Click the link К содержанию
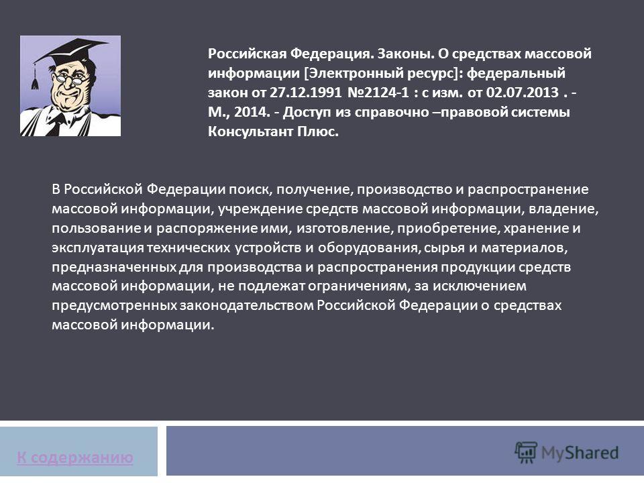(x=75, y=457)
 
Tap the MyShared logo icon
(x=526, y=452)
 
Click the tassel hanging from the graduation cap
(x=35, y=78)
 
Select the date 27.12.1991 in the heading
(x=305, y=93)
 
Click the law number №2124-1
(x=378, y=93)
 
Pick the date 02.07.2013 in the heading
(x=523, y=93)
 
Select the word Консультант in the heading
(x=250, y=131)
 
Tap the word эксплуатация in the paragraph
(x=98, y=248)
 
